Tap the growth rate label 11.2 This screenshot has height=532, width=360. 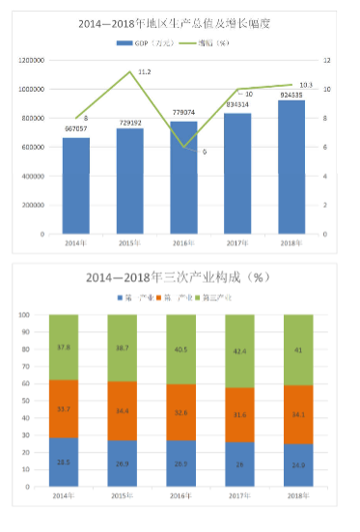click(145, 72)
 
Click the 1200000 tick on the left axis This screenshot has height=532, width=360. click(32, 60)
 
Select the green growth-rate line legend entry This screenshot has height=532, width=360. click(213, 42)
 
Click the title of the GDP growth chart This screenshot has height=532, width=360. click(180, 23)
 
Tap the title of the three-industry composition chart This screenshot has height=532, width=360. click(180, 279)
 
